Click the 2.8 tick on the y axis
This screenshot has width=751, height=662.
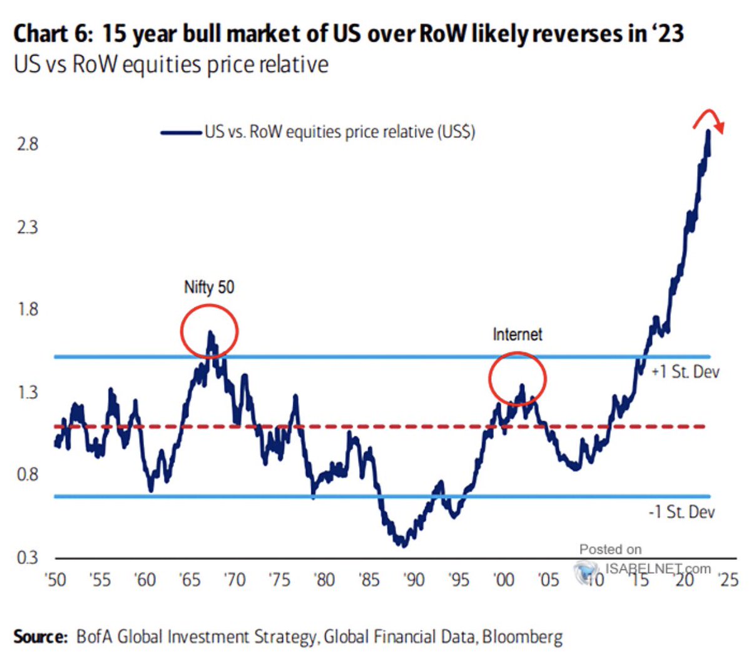[x=28, y=144]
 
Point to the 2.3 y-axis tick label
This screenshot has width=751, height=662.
[x=28, y=227]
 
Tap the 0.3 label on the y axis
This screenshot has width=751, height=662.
[x=28, y=557]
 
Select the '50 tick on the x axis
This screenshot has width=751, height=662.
[x=56, y=580]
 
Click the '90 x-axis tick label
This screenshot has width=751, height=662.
[x=414, y=580]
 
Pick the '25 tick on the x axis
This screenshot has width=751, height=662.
[x=728, y=580]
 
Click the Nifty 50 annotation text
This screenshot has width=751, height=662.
[x=209, y=287]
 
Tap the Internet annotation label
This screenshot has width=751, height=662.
[x=518, y=334]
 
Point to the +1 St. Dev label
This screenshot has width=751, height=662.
[x=685, y=372]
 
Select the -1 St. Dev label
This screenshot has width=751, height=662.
[x=682, y=512]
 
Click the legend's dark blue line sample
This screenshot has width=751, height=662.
[x=181, y=132]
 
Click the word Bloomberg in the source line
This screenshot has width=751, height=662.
[x=522, y=637]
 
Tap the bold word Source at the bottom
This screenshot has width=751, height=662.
[x=40, y=637]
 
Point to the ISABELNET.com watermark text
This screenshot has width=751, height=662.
[x=657, y=569]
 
